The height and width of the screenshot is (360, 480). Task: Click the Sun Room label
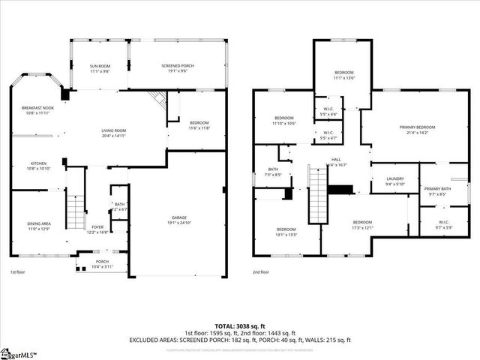(100, 69)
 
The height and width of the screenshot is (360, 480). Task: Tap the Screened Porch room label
(178, 69)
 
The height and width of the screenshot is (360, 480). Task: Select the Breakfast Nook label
(37, 110)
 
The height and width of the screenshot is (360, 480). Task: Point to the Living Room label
(114, 133)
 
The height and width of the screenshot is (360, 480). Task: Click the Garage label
(178, 220)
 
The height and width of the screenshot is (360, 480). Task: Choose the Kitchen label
(39, 166)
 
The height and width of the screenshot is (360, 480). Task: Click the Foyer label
(98, 229)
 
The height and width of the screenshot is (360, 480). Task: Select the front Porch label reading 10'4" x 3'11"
(102, 264)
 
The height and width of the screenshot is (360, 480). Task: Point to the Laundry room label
(394, 181)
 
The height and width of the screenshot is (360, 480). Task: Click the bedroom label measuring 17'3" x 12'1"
(362, 225)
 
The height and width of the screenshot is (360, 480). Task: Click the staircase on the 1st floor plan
(75, 211)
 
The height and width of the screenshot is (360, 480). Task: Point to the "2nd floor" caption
(261, 273)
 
